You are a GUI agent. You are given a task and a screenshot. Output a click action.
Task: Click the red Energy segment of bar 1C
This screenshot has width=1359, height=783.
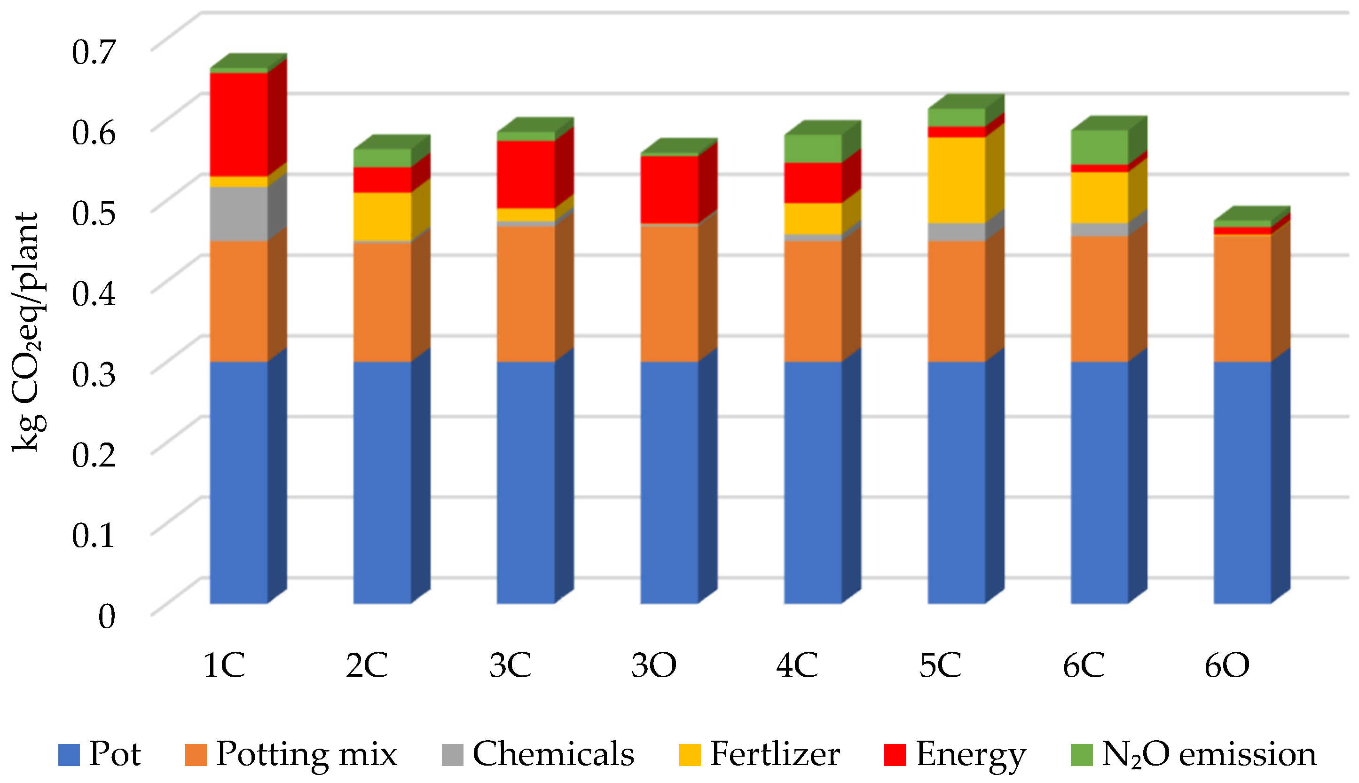point(238,124)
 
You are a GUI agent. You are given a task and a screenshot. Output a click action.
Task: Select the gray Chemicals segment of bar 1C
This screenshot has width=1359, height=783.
point(238,214)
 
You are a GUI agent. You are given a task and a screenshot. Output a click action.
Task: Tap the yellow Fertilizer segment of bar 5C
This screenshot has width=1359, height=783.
point(956,180)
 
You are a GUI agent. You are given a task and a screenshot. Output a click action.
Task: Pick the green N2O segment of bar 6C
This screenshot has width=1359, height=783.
point(1100,147)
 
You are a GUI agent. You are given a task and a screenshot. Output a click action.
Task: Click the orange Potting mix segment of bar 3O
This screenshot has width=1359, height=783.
point(669,293)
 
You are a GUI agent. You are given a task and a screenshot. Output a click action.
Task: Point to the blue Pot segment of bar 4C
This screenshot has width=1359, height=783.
point(813,482)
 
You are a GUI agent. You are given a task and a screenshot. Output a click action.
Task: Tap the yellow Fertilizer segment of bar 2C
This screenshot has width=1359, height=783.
point(382,216)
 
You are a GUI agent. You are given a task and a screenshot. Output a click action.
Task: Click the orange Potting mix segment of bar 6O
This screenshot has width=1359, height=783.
point(1242,299)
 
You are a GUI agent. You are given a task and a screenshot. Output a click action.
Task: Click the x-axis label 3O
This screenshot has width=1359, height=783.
point(654,665)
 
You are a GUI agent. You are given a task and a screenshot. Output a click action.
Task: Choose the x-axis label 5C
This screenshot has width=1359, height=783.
point(940,665)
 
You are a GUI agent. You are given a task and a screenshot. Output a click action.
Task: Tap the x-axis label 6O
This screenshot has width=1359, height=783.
point(1227,665)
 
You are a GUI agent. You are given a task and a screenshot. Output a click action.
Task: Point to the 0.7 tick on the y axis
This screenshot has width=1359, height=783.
point(94,52)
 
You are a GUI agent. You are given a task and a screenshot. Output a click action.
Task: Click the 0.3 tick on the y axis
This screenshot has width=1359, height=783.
point(94,374)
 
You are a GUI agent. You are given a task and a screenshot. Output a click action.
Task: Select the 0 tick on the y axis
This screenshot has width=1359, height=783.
point(106,617)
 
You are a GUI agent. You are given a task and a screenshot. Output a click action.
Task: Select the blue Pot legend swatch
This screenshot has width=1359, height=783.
point(69,755)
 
